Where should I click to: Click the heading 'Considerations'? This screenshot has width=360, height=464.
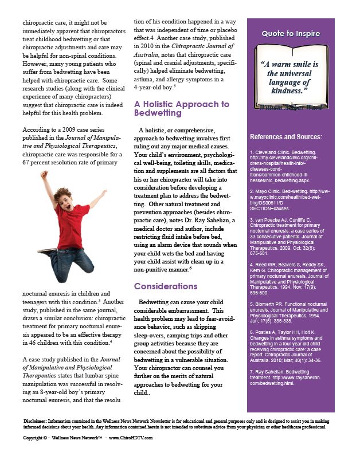(x=165, y=286)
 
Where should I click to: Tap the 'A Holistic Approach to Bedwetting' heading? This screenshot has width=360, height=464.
(x=181, y=109)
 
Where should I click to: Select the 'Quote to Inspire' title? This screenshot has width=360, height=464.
(x=291, y=34)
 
